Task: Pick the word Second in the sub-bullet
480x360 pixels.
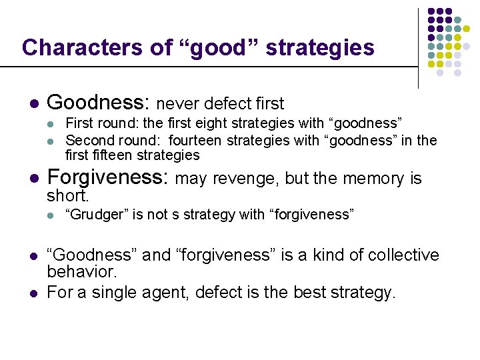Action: tap(88, 140)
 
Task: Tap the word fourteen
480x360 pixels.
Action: tap(195, 140)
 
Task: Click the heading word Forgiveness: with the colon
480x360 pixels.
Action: tap(109, 178)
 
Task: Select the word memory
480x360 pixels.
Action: tap(377, 179)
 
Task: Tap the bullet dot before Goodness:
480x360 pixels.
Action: tap(33, 105)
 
